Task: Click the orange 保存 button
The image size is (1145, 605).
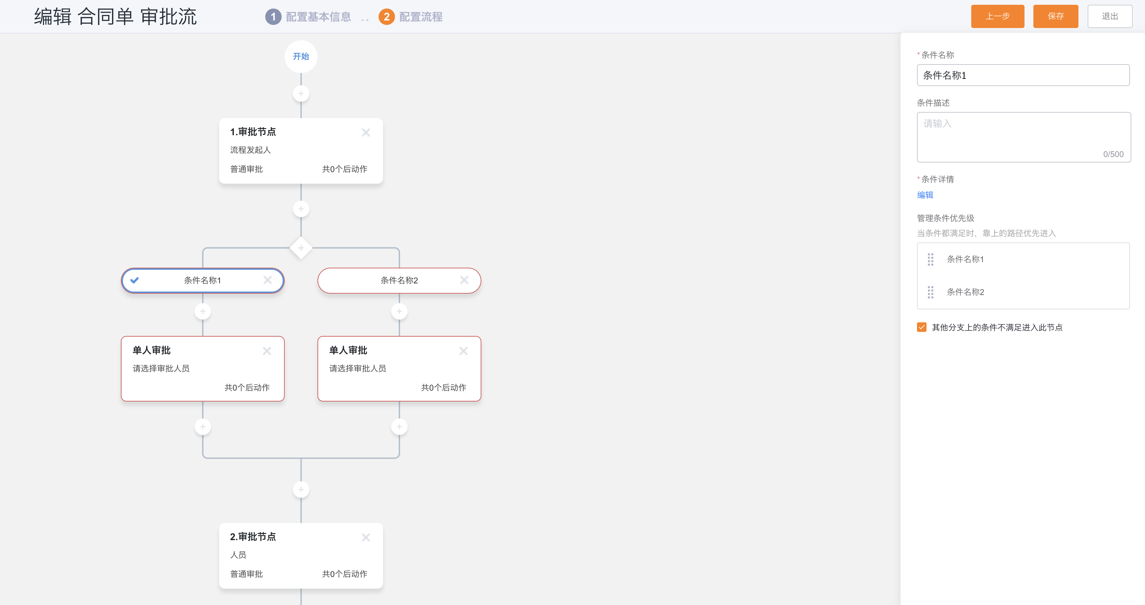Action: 1055,16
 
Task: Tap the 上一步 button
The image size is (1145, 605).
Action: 998,16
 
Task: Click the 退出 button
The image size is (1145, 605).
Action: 1109,16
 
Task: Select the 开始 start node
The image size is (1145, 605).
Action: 301,56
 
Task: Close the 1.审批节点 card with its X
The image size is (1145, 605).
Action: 366,132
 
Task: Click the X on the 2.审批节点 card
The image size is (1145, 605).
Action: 366,537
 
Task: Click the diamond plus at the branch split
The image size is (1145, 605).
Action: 301,248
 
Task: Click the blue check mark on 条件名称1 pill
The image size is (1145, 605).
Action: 134,280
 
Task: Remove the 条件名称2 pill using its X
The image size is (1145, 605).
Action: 464,280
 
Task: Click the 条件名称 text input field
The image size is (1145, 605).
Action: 1023,75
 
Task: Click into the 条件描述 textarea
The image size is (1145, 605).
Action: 1024,137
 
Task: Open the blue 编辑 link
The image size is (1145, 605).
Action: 925,195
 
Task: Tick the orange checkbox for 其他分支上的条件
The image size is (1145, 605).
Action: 921,327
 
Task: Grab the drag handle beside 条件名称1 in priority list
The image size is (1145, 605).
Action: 930,259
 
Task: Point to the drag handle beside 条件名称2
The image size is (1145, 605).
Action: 930,292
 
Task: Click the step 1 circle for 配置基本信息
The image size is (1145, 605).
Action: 273,17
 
